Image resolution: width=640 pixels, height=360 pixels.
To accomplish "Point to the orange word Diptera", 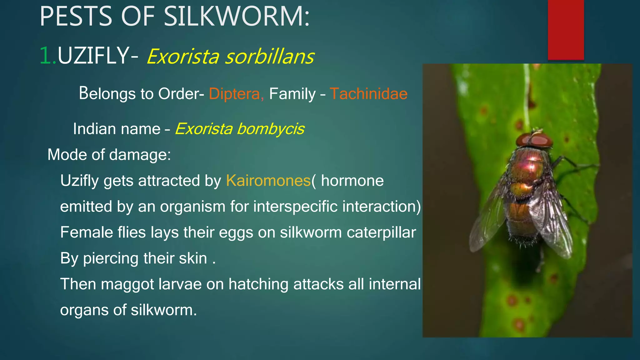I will (x=236, y=94).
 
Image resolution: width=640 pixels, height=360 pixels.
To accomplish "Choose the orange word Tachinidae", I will (x=368, y=94).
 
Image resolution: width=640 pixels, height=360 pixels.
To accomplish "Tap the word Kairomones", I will (x=268, y=181).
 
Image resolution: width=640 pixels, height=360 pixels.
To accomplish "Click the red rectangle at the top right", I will (x=566, y=30).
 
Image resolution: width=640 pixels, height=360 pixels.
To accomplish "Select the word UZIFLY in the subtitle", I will (x=93, y=56).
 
